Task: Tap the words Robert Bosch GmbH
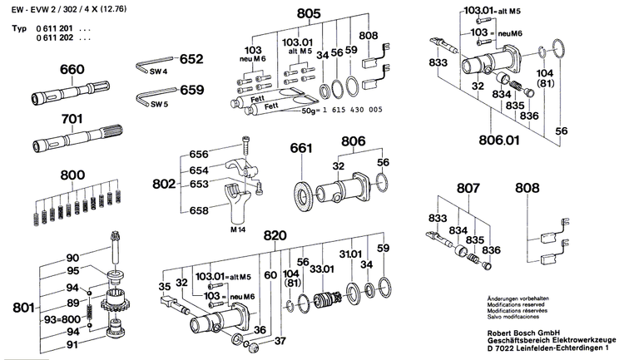[x=520, y=330]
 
